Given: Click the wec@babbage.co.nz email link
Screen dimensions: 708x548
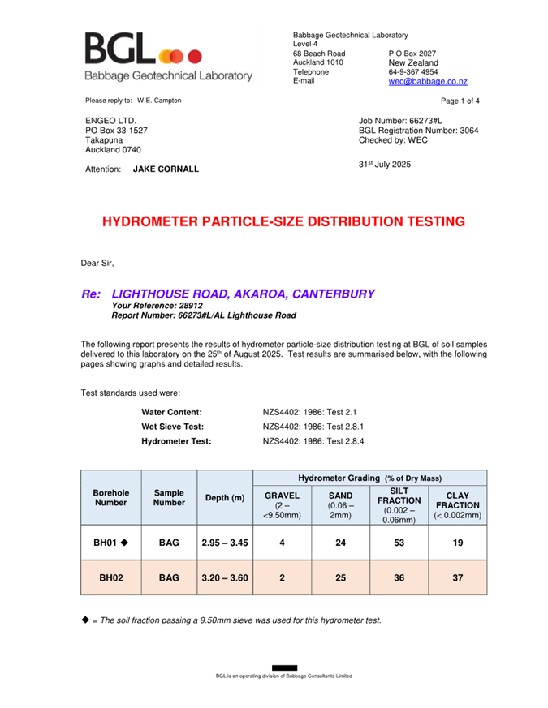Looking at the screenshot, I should coord(427,82).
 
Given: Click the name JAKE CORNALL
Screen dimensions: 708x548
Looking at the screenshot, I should coord(166,169).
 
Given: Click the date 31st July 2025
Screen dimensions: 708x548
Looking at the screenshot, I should coord(385,165).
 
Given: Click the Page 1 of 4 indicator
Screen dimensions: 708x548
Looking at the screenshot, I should coord(460,101).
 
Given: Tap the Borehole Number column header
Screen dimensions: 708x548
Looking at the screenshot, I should coord(111,497).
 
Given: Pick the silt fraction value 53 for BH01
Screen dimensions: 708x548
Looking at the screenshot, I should coord(399,543).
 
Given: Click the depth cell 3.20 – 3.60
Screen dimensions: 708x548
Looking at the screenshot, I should coord(226,578).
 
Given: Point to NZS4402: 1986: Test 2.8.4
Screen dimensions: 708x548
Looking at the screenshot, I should coord(313,441).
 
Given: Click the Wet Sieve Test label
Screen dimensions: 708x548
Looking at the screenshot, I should coord(172,427).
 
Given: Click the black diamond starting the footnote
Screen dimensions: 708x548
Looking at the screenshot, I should coord(85,620).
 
